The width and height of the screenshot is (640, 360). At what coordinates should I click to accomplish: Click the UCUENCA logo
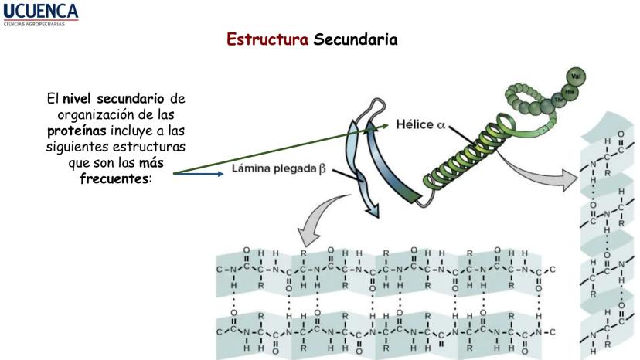pyautogui.click(x=40, y=10)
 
